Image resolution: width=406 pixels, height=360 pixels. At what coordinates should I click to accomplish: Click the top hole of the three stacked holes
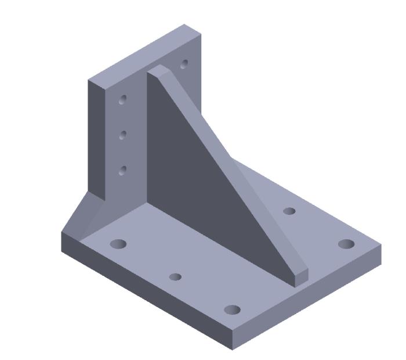tap(122, 100)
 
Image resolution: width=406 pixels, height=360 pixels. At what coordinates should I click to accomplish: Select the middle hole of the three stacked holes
tap(122, 135)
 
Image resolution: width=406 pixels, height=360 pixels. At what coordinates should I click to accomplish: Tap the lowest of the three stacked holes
tap(122, 170)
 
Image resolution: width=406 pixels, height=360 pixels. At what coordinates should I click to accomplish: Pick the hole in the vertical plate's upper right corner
tap(184, 64)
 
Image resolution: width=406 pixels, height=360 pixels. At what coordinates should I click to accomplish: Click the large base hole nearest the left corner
tap(118, 243)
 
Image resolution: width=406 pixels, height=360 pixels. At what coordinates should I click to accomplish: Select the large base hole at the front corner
tap(232, 309)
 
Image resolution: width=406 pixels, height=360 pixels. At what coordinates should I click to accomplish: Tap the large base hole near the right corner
tap(346, 243)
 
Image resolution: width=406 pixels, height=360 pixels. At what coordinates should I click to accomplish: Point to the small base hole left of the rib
tap(175, 277)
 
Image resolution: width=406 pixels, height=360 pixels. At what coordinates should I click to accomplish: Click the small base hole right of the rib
tap(289, 211)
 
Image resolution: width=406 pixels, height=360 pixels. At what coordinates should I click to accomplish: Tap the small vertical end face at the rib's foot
tap(301, 278)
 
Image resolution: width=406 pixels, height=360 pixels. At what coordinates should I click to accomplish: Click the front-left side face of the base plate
tap(145, 290)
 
